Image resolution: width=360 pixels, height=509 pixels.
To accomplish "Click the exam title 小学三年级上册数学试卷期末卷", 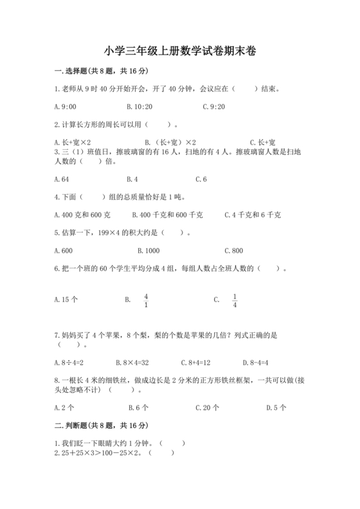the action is pyautogui.click(x=179, y=51).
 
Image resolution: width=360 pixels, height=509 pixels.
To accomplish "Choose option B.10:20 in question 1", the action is pyautogui.click(x=139, y=106).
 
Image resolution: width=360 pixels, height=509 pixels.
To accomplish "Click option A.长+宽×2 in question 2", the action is pyautogui.click(x=73, y=142).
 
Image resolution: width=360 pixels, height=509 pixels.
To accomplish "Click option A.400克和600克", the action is pyautogui.click(x=83, y=215).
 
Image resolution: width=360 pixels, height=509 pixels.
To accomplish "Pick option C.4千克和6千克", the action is pyautogui.click(x=253, y=215).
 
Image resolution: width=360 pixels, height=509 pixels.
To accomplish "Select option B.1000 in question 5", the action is pyautogui.click(x=148, y=250).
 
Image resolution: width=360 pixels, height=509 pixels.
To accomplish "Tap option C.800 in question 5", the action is pyautogui.click(x=233, y=250).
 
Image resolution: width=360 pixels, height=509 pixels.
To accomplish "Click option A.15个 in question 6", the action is pyautogui.click(x=67, y=299).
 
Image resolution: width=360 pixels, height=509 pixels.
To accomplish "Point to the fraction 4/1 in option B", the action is pyautogui.click(x=146, y=299).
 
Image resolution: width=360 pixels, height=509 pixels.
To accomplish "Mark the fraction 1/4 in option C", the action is pyautogui.click(x=235, y=299).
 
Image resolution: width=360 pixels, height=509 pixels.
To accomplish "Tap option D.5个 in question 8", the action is pyautogui.click(x=276, y=407).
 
